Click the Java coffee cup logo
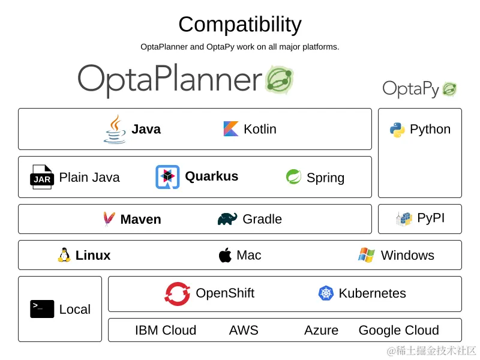coord(115,129)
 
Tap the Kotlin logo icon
coord(231,129)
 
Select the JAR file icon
coord(42,177)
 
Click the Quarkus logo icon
coord(167,177)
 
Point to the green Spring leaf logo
coord(293,177)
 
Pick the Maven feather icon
coord(109,219)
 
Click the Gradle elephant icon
coord(227,219)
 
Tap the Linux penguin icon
coord(64,255)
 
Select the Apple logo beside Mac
coord(225,255)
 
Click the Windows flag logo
coord(367,255)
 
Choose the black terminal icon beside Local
coord(42,309)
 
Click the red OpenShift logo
coord(178,293)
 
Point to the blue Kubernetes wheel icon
coord(326,293)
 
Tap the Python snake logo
coord(397,130)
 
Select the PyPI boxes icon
coord(404,218)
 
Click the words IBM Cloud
coord(166,330)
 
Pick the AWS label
coord(244,330)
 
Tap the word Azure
coord(321,330)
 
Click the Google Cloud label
coord(398,330)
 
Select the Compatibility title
coord(240,25)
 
